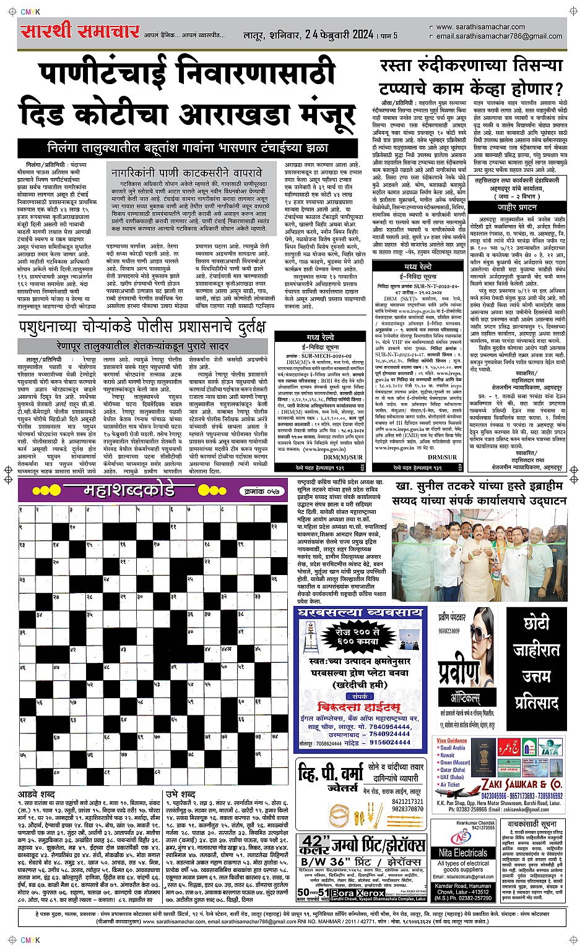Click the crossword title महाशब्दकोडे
tap(129, 491)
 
